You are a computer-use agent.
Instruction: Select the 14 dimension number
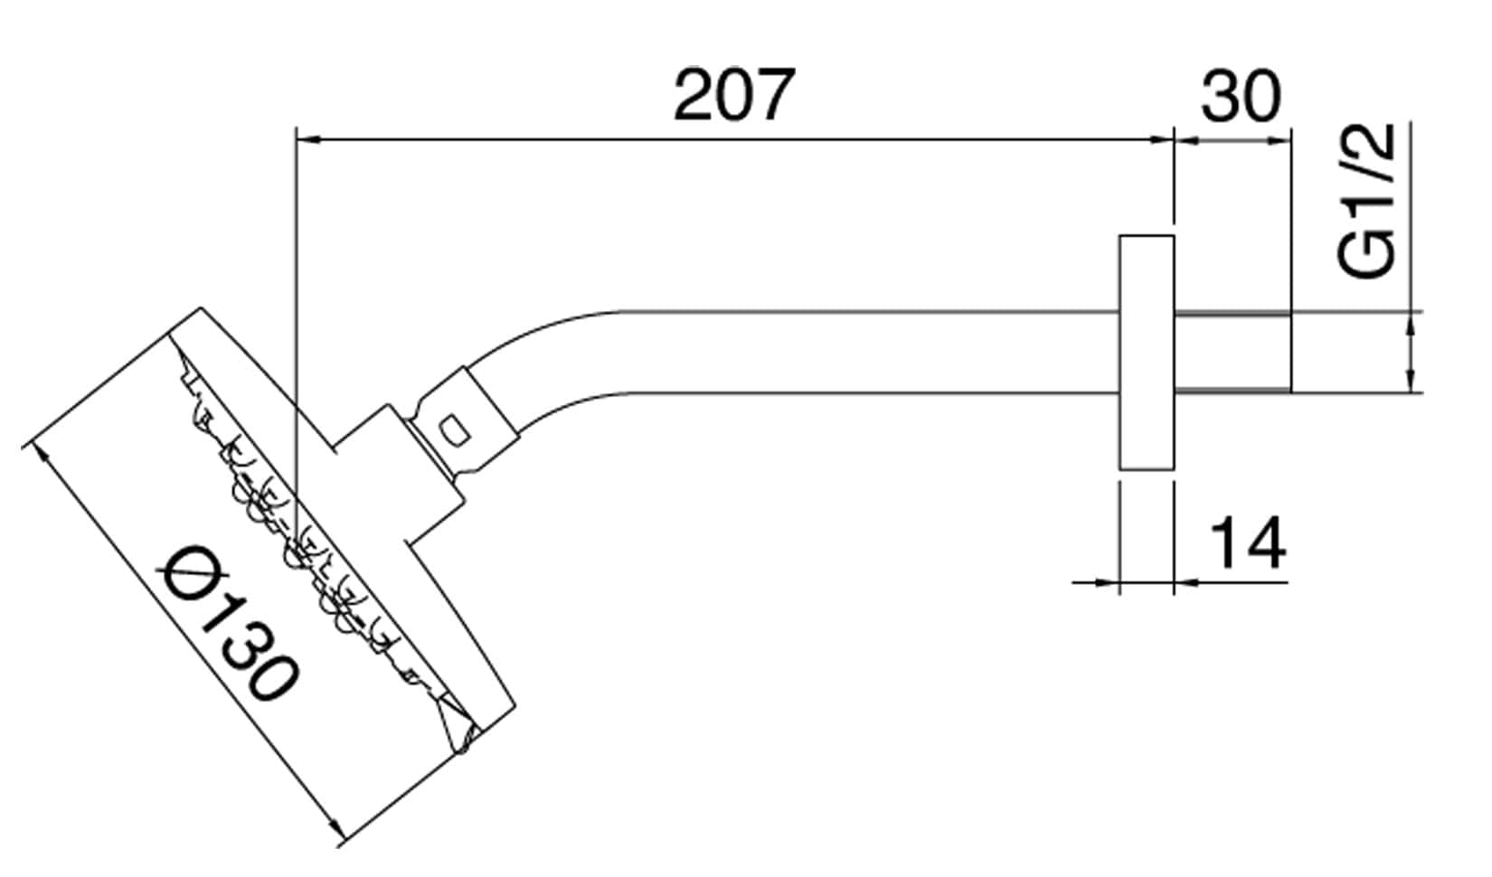click(1248, 544)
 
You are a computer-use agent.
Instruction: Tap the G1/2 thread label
click(1367, 201)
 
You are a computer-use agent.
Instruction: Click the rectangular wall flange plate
click(1146, 353)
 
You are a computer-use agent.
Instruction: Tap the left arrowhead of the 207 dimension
click(308, 139)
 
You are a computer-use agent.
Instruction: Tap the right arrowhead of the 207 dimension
click(1162, 139)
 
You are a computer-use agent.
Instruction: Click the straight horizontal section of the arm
click(859, 353)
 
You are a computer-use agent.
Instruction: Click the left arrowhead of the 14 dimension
click(1109, 582)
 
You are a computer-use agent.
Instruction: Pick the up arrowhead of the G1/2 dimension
click(1409, 322)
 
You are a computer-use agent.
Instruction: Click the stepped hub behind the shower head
click(398, 479)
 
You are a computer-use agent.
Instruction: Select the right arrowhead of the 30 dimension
click(1279, 139)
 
